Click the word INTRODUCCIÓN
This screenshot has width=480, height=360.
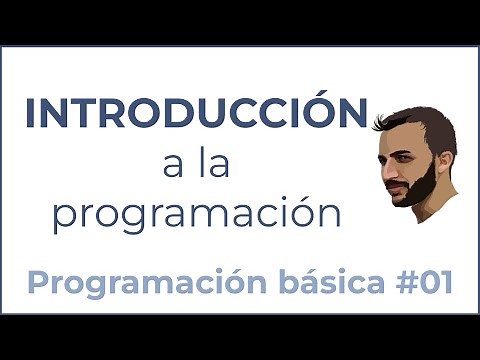point(195,112)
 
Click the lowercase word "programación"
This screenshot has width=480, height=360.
point(196,215)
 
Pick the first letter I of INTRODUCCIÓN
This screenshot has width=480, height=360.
point(32,113)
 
